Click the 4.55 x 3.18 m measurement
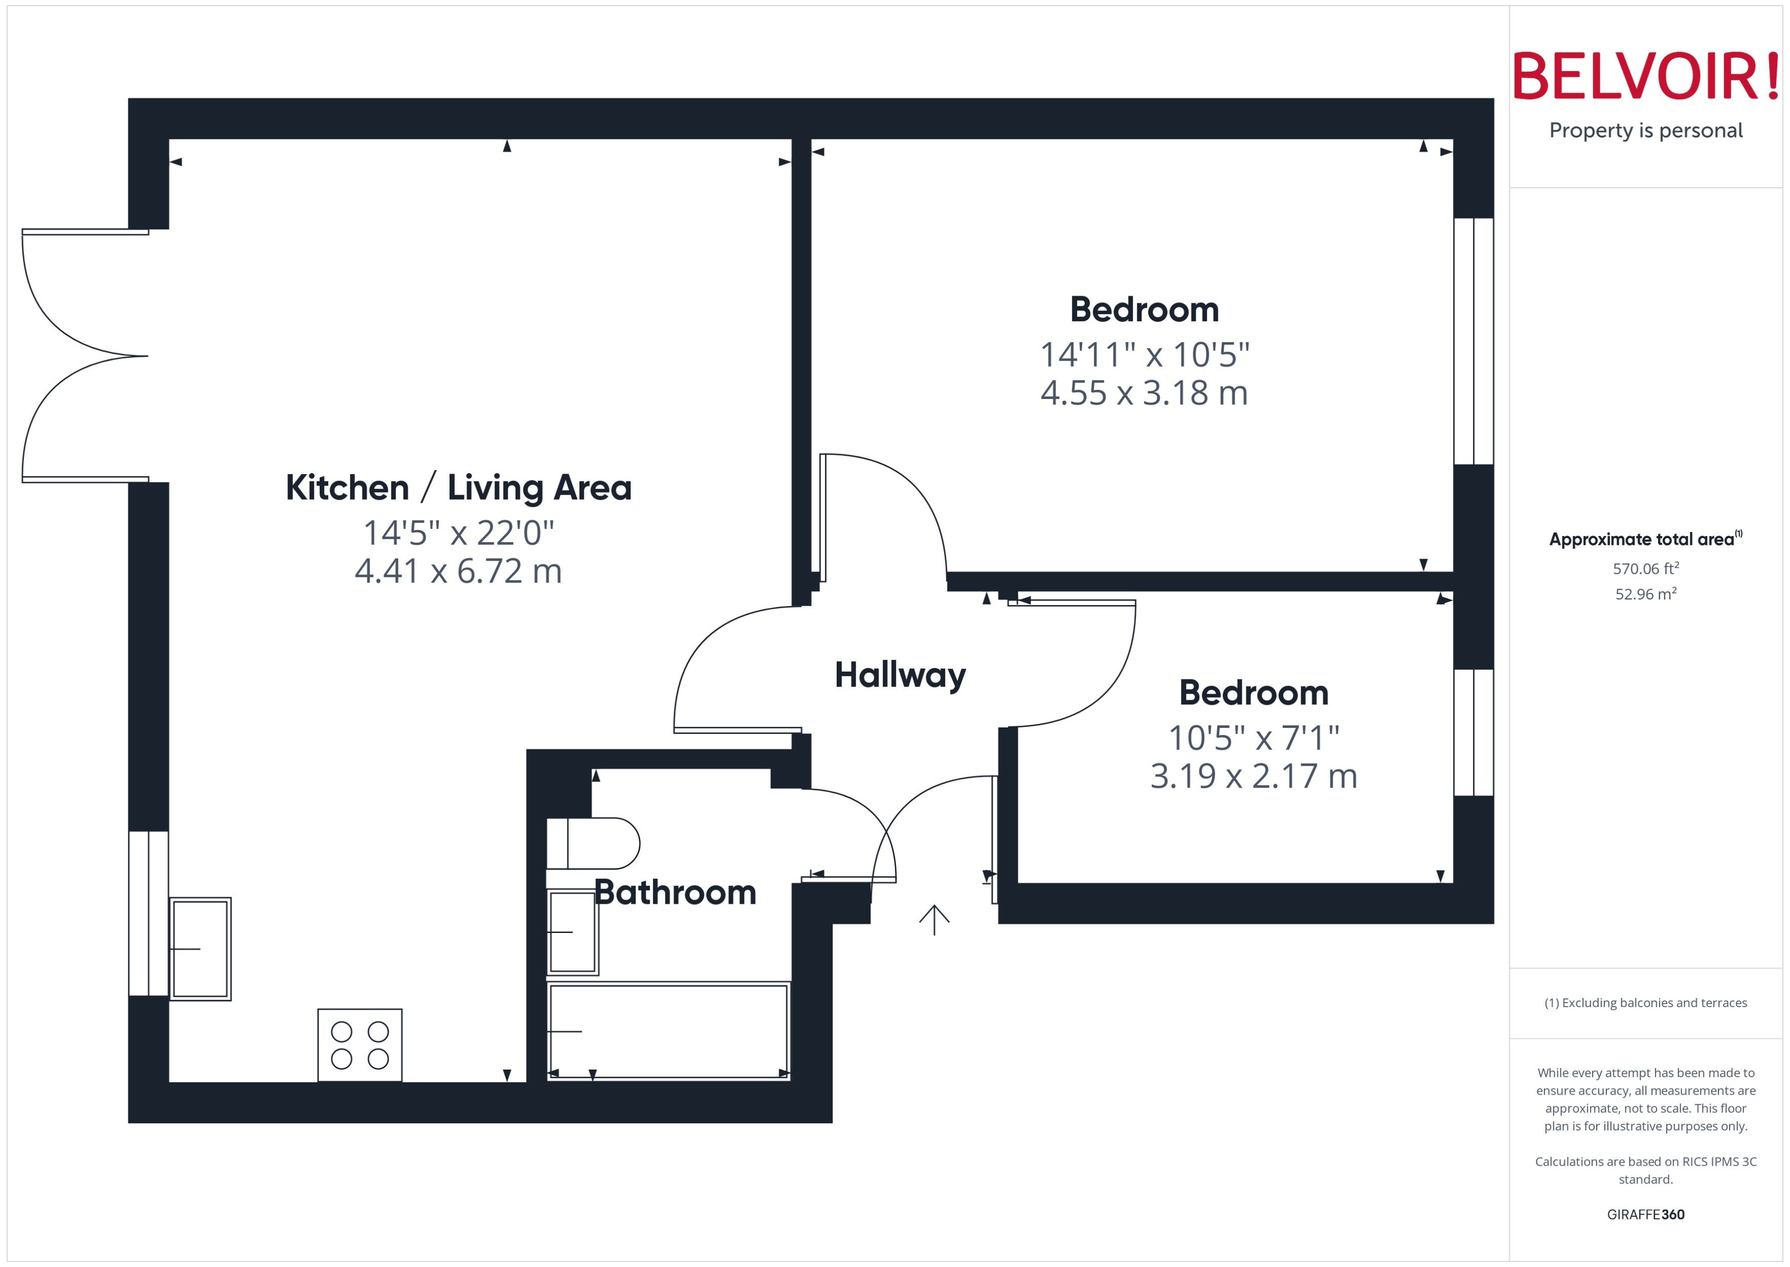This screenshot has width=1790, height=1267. pos(1144,392)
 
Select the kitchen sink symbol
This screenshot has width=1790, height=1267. pos(200,949)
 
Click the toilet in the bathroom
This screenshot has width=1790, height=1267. pos(593,843)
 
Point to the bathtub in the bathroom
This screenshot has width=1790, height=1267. pos(668,1031)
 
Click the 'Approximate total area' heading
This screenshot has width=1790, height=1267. pos(1643,539)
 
